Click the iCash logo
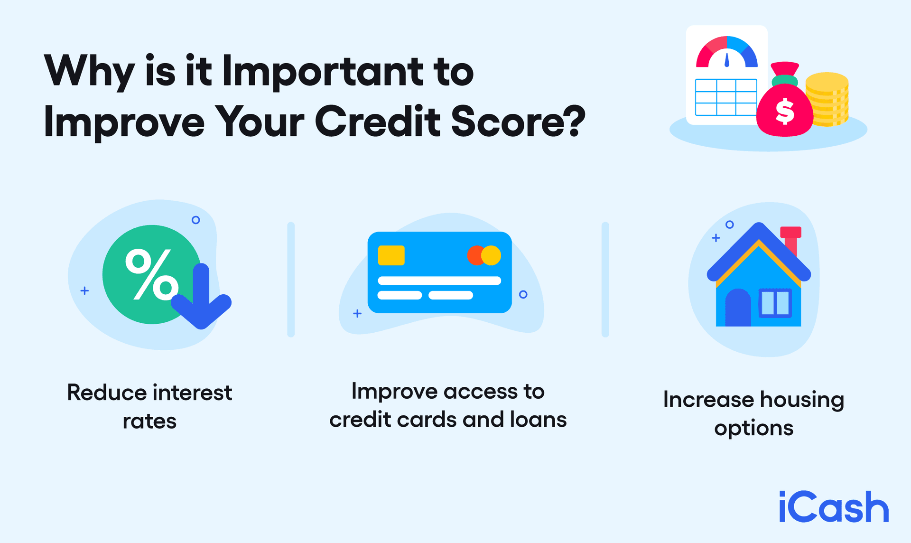(834, 507)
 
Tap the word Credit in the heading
(378, 122)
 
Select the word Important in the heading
(323, 71)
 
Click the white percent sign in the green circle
(151, 275)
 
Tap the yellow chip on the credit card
(391, 255)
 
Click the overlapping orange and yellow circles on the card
(484, 255)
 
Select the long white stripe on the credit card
(439, 281)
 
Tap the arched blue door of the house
(738, 309)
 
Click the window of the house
(775, 303)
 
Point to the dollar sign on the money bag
(784, 112)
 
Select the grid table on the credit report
(726, 97)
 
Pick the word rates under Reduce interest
(149, 421)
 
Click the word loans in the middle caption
(538, 420)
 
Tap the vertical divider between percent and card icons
(291, 280)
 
